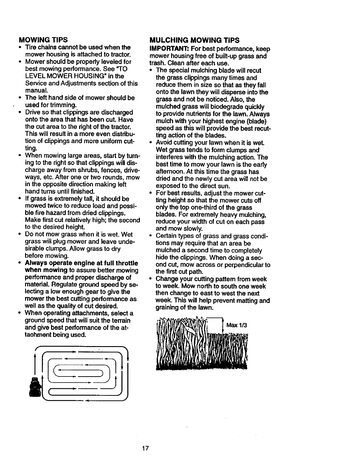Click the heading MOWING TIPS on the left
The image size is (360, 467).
43,40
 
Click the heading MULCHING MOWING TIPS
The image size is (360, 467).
194,40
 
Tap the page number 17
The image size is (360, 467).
145,448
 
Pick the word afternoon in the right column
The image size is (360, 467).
168,172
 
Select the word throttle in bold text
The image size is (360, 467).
127,263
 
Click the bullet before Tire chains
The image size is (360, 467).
19,47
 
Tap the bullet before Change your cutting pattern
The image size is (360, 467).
150,279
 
